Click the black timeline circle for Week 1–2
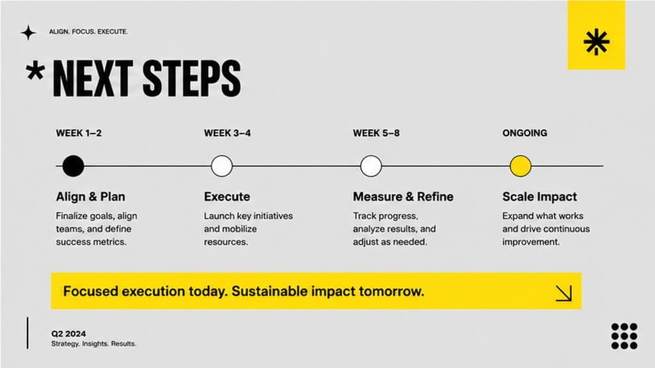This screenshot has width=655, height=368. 73,165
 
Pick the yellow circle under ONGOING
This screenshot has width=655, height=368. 521,165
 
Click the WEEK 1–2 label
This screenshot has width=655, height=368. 79,133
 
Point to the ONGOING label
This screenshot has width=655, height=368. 525,133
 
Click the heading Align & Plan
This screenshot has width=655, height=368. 91,197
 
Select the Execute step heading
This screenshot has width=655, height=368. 227,197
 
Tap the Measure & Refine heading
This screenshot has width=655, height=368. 403,197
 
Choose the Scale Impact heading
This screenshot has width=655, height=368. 539,197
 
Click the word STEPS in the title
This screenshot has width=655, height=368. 192,79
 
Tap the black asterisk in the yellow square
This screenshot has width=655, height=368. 596,42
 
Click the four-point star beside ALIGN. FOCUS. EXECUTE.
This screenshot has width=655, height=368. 28,33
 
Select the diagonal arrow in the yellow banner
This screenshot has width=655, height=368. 564,293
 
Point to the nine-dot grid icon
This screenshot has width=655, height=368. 624,336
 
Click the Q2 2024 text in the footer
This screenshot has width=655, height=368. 68,333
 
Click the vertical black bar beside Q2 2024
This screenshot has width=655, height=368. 28,332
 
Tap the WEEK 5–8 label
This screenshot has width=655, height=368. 376,133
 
